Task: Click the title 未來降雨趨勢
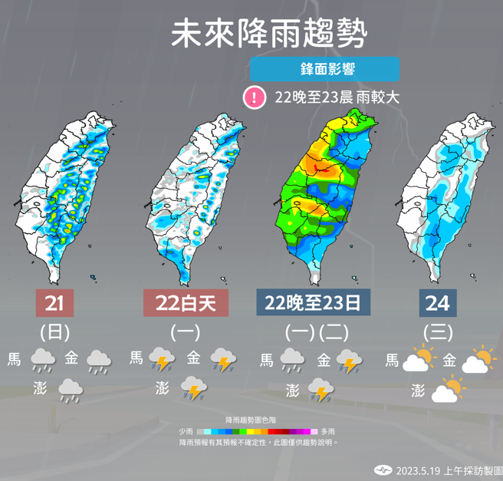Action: tap(268, 35)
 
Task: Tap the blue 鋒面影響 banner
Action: tap(324, 69)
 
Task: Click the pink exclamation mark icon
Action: tap(253, 97)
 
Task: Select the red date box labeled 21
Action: tap(54, 303)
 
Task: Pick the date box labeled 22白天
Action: tap(186, 303)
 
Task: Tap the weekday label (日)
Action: tap(54, 332)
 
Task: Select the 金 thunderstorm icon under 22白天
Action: tap(223, 359)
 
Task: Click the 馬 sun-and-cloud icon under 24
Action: tap(420, 359)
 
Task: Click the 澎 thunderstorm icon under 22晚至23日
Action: tap(321, 390)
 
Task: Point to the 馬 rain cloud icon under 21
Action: tap(42, 359)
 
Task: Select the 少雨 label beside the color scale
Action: tap(186, 432)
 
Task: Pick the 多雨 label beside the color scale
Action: tap(327, 432)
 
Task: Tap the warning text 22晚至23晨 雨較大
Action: tap(337, 98)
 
